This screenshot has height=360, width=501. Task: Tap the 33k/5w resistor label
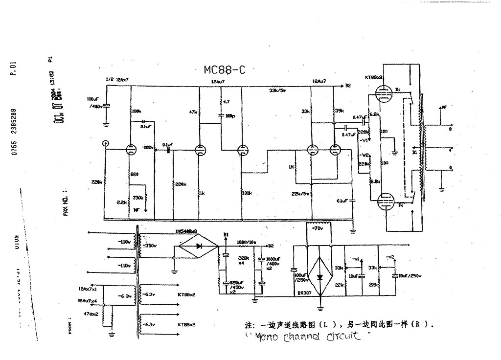pos(277,90)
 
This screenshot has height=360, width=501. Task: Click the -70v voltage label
pos(318,228)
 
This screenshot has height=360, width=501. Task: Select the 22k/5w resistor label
pos(300,194)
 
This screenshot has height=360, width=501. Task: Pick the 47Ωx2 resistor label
pos(92,313)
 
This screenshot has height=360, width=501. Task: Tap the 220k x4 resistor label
pos(243,260)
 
